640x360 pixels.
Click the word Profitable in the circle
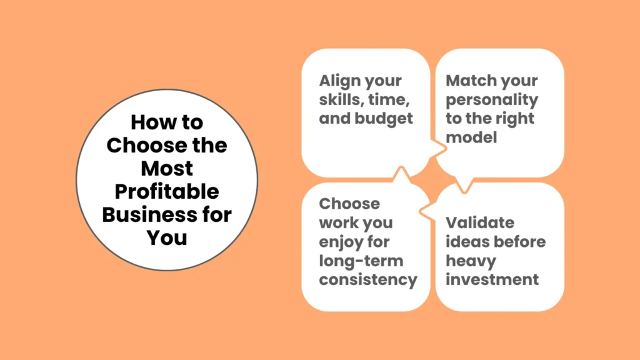[166, 192]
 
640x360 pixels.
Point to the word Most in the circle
[167, 168]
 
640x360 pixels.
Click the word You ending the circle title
[167, 237]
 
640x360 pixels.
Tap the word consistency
[368, 279]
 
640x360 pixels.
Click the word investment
[492, 279]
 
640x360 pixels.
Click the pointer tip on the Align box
[445, 149]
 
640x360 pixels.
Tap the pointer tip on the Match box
[463, 191]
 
